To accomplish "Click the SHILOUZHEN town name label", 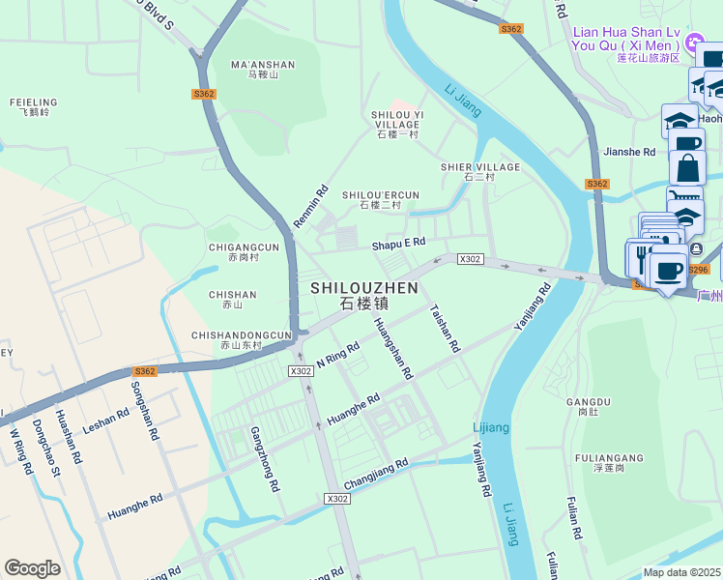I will pos(364,295).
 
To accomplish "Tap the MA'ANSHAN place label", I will pos(262,70).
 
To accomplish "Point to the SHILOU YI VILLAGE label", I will pos(397,124).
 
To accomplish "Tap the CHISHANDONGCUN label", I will pos(242,339).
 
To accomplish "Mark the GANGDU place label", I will pos(589,406).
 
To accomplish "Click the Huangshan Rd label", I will pos(393,348).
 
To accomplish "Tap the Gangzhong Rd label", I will pos(264,459).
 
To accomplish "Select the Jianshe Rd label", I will pos(628,152).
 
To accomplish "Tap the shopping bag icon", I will pos(687,168).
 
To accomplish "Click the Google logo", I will pos(32,568).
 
